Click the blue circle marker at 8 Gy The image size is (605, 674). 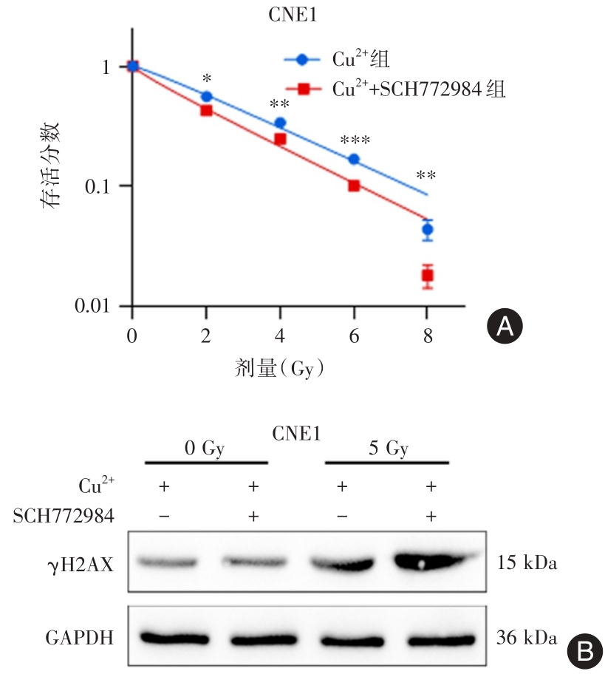click(427, 230)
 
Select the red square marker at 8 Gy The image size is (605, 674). click(427, 276)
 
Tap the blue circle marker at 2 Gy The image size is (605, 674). click(207, 97)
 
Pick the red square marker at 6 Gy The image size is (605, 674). click(354, 185)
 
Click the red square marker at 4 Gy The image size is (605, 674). click(280, 140)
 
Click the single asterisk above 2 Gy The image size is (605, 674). click(207, 78)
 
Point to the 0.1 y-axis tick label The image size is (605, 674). click(103, 185)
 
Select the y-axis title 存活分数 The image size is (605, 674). click(56, 169)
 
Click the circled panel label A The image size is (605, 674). click(505, 326)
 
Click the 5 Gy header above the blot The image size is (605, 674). click(387, 449)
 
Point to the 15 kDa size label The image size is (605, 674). click(526, 565)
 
